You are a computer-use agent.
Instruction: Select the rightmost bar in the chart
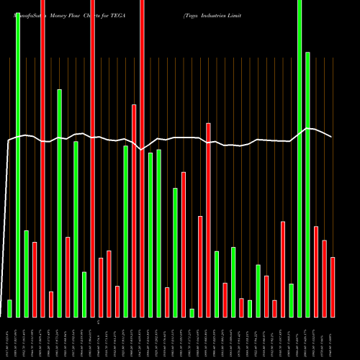point(333,287)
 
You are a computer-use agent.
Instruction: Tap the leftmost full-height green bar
point(18,158)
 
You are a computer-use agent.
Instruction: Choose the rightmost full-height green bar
point(300,158)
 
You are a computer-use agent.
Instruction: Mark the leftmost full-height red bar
point(43,158)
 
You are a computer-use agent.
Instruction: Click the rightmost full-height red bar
point(142,158)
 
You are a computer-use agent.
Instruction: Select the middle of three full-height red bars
point(93,158)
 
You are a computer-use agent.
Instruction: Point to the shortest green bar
point(192,312)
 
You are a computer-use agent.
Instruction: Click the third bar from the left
point(26,274)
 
